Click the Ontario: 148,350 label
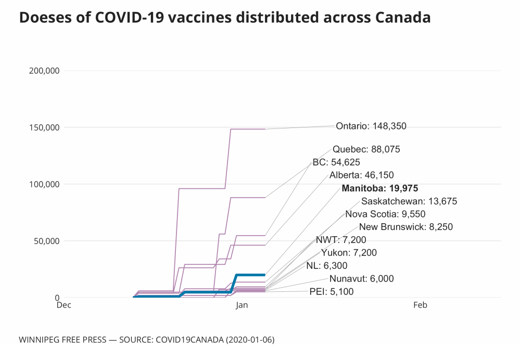[x=371, y=126]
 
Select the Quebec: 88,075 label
[x=366, y=149]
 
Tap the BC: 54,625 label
[x=336, y=162]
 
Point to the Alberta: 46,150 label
[x=361, y=175]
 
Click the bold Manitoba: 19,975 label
[x=380, y=188]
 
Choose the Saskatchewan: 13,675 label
[x=409, y=201]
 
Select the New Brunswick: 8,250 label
[x=405, y=227]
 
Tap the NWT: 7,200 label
[x=341, y=240]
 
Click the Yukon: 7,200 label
[x=349, y=253]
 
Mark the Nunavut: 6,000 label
[x=361, y=279]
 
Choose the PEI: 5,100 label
[x=331, y=292]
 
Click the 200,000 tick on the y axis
[x=42, y=71]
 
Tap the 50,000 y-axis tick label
[x=45, y=241]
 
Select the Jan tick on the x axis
[x=242, y=305]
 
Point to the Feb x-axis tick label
[x=420, y=305]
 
